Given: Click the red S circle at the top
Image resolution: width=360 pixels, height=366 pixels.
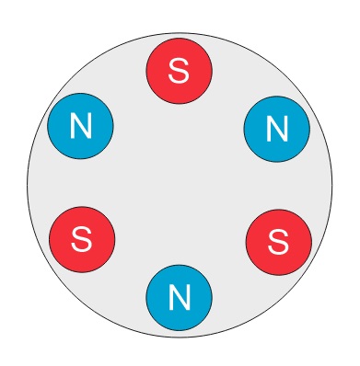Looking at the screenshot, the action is coord(180,71).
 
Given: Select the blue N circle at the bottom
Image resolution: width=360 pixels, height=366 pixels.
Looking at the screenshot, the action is coord(180,298).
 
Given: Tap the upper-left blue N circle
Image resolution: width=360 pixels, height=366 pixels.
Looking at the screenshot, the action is coord(80,126).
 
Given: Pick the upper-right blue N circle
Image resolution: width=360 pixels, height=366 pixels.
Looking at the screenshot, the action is coord(277,129).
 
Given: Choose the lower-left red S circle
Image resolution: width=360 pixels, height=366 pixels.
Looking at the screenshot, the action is coord(82,240).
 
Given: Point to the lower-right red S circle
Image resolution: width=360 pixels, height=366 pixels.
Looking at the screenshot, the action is coord(279,243).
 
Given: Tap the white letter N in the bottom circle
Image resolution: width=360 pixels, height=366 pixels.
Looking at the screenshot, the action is coord(180,298).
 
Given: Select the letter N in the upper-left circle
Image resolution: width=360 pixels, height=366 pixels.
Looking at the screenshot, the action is coord(81,126).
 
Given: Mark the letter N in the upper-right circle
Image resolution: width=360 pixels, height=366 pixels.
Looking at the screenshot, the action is coord(277,129).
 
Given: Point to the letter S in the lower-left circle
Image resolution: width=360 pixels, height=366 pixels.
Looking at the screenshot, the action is coord(82,240).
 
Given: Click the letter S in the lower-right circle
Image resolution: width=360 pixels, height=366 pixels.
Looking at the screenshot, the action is coord(278,243).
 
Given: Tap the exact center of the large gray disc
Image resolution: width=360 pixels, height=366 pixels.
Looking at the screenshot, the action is coord(180,186).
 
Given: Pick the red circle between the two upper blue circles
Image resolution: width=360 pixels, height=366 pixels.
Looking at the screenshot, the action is coord(180,71).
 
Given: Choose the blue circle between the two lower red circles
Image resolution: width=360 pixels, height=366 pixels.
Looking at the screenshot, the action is coord(180,298).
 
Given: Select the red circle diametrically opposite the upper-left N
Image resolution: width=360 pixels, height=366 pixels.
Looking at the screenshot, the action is coord(279,243).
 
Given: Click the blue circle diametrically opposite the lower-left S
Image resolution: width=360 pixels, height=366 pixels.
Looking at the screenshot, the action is coord(277,129).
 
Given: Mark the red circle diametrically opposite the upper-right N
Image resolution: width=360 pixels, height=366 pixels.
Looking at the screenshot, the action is coord(82,240).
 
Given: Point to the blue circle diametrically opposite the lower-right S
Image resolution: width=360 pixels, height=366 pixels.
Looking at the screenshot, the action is coord(80,126).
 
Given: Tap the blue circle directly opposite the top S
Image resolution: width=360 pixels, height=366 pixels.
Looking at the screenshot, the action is coord(180,298).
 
